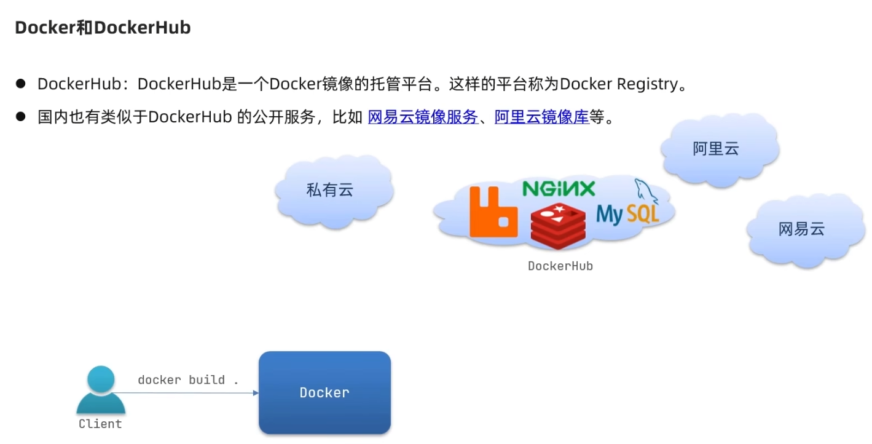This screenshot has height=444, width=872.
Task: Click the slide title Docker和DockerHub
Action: pyautogui.click(x=103, y=28)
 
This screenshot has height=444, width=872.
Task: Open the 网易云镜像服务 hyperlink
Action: pyautogui.click(x=423, y=117)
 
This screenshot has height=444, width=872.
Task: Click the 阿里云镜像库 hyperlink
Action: pyautogui.click(x=541, y=117)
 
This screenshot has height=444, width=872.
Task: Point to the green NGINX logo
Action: pyautogui.click(x=559, y=188)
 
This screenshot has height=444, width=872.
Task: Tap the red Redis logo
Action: pyautogui.click(x=558, y=226)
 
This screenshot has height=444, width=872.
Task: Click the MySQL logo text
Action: pyautogui.click(x=627, y=214)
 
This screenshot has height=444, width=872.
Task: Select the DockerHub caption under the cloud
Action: pyautogui.click(x=560, y=266)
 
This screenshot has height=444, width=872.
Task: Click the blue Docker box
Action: pyautogui.click(x=324, y=392)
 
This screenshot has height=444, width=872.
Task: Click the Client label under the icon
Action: pyautogui.click(x=100, y=424)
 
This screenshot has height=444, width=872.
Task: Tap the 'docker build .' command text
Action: pyautogui.click(x=187, y=379)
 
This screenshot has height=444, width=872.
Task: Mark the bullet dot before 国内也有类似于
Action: pyautogui.click(x=21, y=116)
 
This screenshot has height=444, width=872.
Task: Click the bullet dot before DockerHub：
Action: pyautogui.click(x=21, y=84)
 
